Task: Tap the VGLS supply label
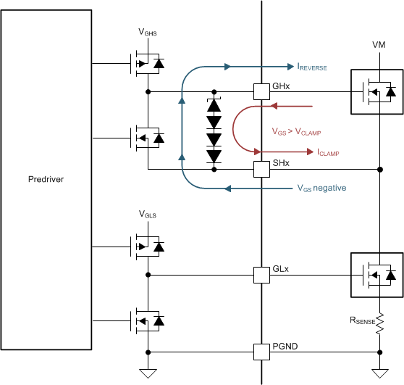148,215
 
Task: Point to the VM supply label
379,44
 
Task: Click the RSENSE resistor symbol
379,320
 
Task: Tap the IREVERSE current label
312,67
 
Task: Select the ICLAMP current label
328,152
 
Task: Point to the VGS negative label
321,188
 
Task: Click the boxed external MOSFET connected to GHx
376,91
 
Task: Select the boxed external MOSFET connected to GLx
376,275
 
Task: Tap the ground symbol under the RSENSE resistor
379,373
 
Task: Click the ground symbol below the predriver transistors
148,373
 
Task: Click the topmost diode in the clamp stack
214,104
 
